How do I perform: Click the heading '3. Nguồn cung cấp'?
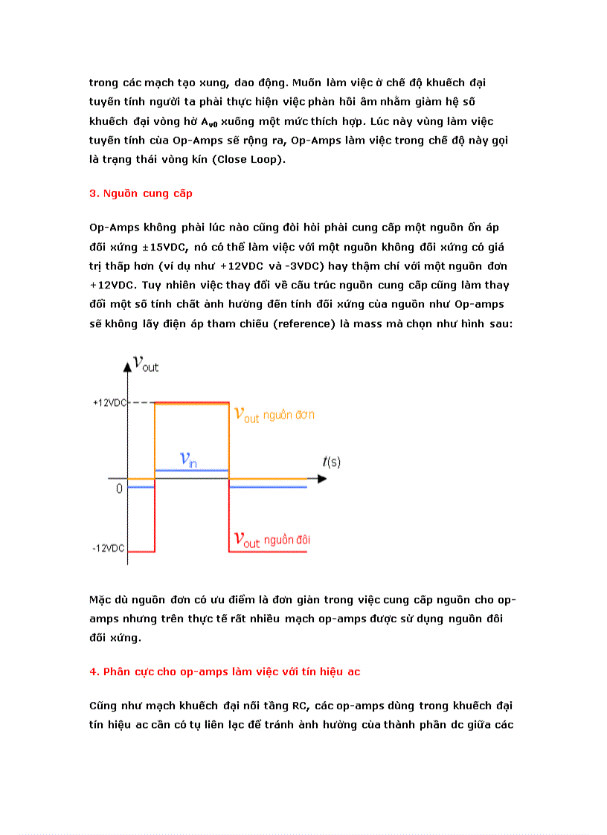point(141,193)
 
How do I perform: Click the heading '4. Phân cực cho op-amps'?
point(224,671)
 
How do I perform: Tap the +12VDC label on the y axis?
point(109,402)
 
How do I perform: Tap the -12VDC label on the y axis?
point(109,549)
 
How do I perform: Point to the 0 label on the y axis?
point(119,490)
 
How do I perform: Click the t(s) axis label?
point(331,462)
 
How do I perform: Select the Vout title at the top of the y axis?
point(145,364)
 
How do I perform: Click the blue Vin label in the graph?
point(189,460)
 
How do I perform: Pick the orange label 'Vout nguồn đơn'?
point(274,415)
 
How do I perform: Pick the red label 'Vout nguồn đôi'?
point(272,540)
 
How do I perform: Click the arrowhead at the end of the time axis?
point(321,479)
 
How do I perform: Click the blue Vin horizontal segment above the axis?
point(190,470)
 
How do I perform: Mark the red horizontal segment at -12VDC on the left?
point(141,552)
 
